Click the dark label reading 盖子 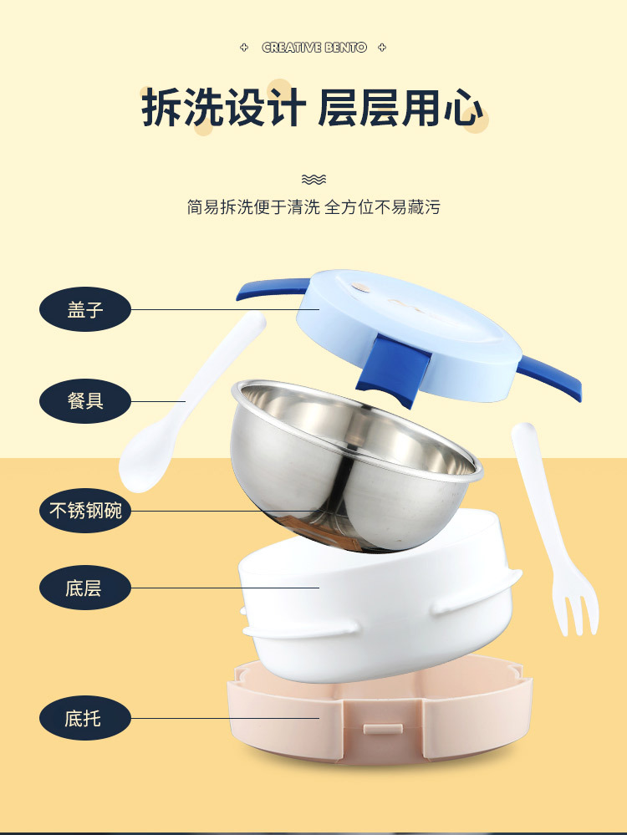pyautogui.click(x=85, y=309)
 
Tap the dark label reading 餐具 pyautogui.click(x=85, y=400)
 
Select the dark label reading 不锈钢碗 pyautogui.click(x=85, y=510)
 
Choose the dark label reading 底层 pyautogui.click(x=85, y=588)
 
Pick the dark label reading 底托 pyautogui.click(x=85, y=718)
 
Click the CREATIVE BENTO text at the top pyautogui.click(x=314, y=48)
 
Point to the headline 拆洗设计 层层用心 pyautogui.click(x=313, y=109)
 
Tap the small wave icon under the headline pyautogui.click(x=313, y=179)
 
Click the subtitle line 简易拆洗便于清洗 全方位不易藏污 pyautogui.click(x=313, y=207)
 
